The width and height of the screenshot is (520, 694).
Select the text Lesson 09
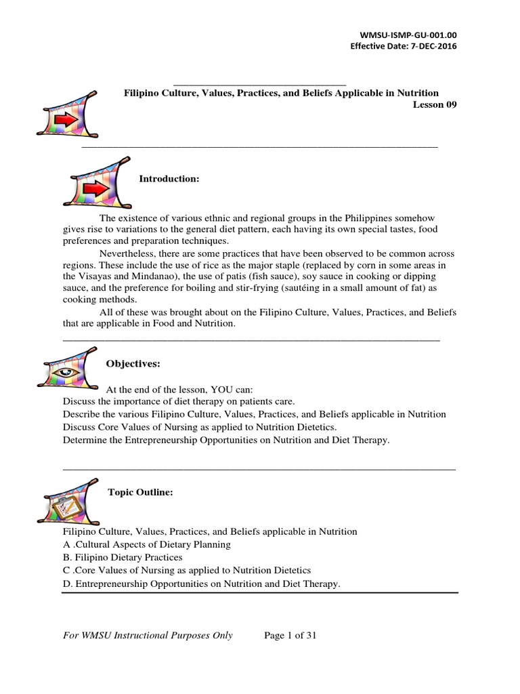point(435,105)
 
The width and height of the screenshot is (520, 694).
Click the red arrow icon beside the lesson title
point(67,115)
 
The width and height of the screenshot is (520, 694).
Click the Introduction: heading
point(169,179)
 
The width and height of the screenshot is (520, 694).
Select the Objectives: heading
point(133,365)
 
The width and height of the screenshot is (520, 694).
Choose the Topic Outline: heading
point(141,493)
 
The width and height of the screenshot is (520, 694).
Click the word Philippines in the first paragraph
point(366,218)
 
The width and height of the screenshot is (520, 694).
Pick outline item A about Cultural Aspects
point(146,544)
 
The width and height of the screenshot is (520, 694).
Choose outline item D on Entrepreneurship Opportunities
point(201,584)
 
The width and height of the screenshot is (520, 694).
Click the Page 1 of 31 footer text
point(290,636)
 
